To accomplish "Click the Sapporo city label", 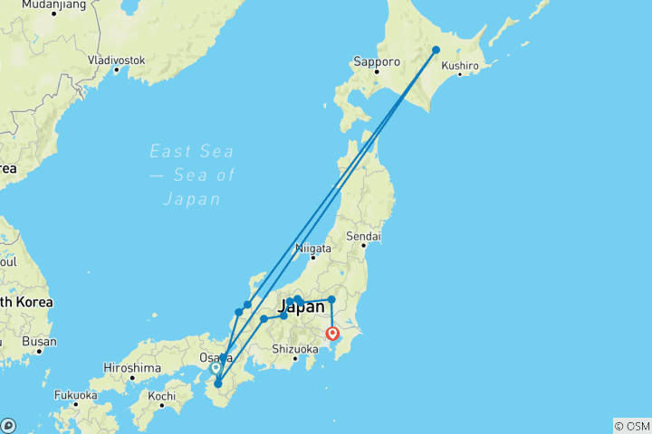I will tap(376, 61).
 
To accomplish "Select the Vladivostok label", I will tap(116, 60).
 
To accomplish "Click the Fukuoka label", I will tap(74, 394).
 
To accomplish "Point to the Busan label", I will tap(39, 342).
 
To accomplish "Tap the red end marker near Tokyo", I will tap(344, 333).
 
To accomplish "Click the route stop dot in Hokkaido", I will tap(436, 51).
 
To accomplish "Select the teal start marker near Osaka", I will tap(216, 368).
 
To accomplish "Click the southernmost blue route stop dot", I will tap(217, 384).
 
